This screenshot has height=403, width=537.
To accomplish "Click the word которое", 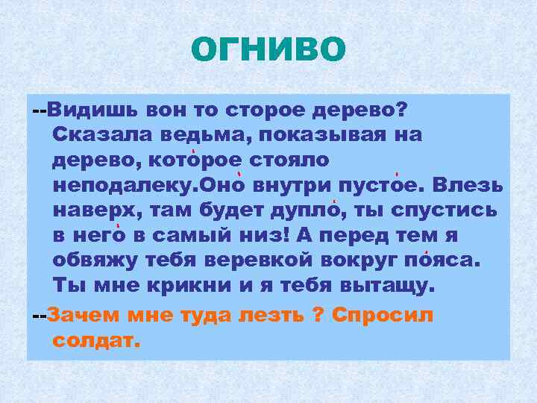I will pyautogui.click(x=188, y=160).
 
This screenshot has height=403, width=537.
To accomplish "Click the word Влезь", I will pyautogui.click(x=468, y=185).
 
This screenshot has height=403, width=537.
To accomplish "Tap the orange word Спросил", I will pyautogui.click(x=383, y=313).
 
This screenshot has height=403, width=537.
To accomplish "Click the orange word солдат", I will pyautogui.click(x=96, y=340).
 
